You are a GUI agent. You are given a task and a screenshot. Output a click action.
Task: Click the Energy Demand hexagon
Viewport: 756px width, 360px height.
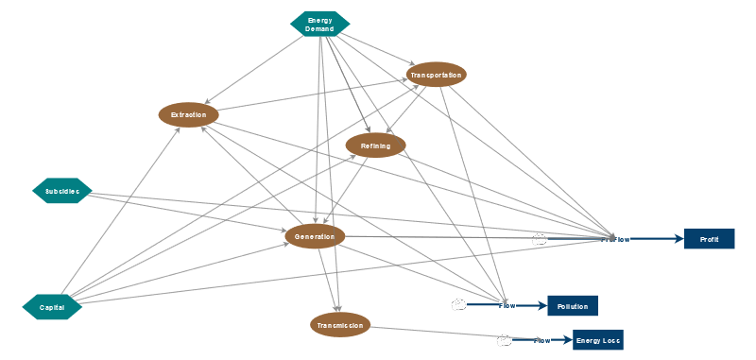(x=319, y=25)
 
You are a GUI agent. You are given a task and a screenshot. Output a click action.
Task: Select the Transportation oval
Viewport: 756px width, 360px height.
(x=436, y=74)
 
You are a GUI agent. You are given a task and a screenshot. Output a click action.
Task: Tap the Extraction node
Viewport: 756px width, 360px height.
(x=189, y=115)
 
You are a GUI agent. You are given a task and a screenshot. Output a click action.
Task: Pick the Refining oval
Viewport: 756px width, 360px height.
(x=375, y=146)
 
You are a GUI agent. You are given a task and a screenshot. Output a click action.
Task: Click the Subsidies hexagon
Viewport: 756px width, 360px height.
(x=62, y=191)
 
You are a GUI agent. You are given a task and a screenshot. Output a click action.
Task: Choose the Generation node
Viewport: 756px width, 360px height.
(x=315, y=236)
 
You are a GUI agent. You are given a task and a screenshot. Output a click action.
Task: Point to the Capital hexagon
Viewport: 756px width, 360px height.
(x=52, y=307)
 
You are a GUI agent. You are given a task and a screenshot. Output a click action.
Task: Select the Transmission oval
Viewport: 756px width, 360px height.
(x=340, y=325)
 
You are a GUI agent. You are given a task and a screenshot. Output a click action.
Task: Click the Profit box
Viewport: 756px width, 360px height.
(x=709, y=239)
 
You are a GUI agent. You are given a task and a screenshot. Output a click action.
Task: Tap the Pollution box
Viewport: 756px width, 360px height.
(x=573, y=306)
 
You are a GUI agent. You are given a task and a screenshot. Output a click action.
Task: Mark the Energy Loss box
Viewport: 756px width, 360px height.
(x=598, y=340)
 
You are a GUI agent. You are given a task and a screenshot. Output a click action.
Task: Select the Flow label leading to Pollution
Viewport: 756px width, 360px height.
(x=507, y=305)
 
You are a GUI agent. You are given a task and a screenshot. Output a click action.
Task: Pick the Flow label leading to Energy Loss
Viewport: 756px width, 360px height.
(x=541, y=340)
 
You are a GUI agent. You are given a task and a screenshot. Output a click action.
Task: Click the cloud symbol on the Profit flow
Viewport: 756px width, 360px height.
(x=540, y=239)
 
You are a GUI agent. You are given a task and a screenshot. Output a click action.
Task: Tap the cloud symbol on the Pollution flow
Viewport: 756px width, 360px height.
(x=459, y=304)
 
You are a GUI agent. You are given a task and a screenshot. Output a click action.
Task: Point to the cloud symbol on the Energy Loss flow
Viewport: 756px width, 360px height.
(x=505, y=339)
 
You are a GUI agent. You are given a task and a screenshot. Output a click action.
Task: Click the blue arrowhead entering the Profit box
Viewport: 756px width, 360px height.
(x=679, y=239)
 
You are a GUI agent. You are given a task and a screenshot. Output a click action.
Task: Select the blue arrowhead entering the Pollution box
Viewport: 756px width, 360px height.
(x=542, y=305)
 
